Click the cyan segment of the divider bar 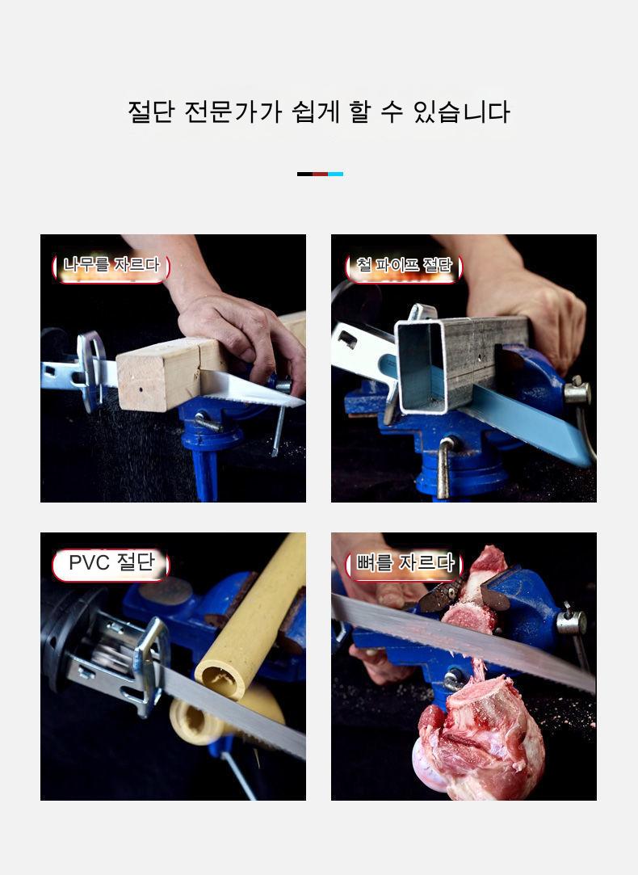[336, 174]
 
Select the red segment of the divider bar [320, 174]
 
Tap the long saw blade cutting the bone [463, 642]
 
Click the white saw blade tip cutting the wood [251, 389]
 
